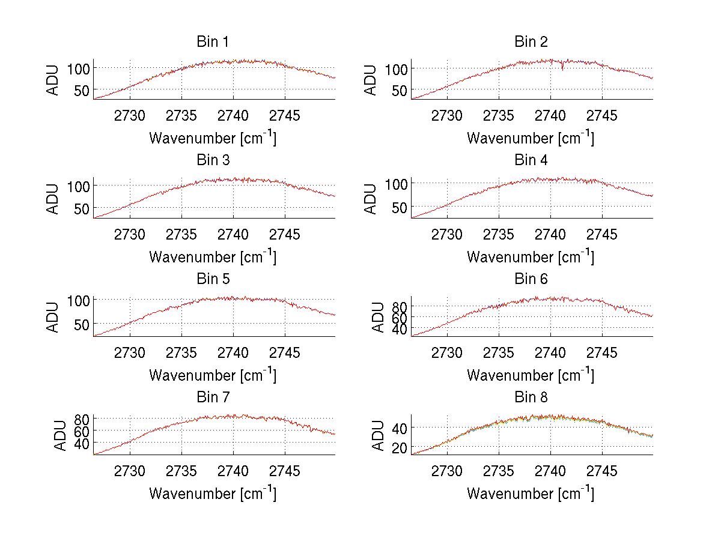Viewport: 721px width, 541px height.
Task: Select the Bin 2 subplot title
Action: click(x=531, y=42)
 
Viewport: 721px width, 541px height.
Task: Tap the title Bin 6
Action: click(x=531, y=279)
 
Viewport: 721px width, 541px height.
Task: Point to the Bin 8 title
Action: click(x=531, y=397)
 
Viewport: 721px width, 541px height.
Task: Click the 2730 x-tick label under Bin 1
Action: click(x=130, y=116)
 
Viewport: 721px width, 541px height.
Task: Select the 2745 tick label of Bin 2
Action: click(x=602, y=116)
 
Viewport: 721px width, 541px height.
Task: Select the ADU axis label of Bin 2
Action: click(x=371, y=79)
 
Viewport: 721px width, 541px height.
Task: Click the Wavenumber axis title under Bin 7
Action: click(x=213, y=494)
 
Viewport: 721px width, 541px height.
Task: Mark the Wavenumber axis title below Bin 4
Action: click(x=531, y=256)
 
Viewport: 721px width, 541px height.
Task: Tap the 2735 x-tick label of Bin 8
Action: click(x=499, y=471)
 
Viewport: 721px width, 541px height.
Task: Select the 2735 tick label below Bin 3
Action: click(x=181, y=234)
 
